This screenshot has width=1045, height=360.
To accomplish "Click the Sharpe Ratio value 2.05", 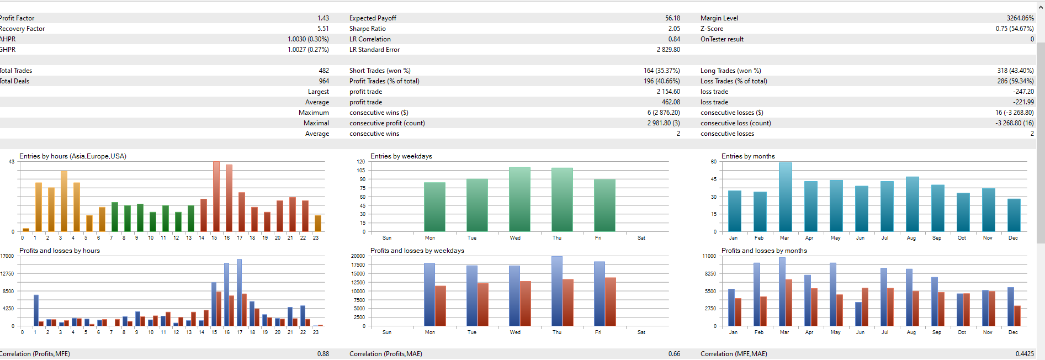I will click(673, 29).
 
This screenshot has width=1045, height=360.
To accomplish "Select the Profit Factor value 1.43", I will click(323, 18).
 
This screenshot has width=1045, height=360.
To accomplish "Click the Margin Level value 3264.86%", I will click(1020, 18).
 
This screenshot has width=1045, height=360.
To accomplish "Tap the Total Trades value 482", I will click(323, 71).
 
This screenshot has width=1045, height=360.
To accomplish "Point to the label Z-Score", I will click(712, 29).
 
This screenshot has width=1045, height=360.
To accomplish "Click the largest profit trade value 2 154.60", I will click(668, 92).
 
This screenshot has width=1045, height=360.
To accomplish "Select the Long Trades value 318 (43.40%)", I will click(1015, 71).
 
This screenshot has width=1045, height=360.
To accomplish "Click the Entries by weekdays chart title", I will click(401, 156).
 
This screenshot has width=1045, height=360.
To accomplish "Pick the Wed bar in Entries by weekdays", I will click(519, 199).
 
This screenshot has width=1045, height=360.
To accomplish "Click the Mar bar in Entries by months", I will click(785, 197).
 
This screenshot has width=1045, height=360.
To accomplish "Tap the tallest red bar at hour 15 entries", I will click(216, 197).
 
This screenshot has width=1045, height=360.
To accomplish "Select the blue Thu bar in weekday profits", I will click(556, 291).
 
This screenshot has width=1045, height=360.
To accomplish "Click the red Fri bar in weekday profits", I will click(610, 301).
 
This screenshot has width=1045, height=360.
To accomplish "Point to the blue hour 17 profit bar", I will click(239, 293).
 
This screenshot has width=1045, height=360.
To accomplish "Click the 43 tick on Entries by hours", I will click(12, 162).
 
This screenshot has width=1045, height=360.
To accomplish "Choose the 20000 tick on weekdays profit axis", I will click(358, 256).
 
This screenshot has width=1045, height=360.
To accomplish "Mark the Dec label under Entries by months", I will click(1013, 238).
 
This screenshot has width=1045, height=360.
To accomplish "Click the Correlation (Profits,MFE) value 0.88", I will click(323, 354).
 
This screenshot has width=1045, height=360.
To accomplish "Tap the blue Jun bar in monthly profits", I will click(858, 314).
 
